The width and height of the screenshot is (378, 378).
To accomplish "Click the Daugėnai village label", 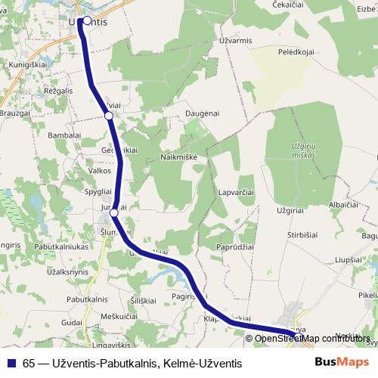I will point(202,113).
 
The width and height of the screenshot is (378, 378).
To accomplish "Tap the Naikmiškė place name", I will point(178,154).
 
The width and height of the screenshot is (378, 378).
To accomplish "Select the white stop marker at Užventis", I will point(87,21).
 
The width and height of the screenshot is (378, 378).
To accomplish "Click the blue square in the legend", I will point(11,363).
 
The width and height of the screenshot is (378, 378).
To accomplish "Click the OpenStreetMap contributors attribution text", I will point(313,338).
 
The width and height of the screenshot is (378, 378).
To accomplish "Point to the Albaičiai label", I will point(342,205).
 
